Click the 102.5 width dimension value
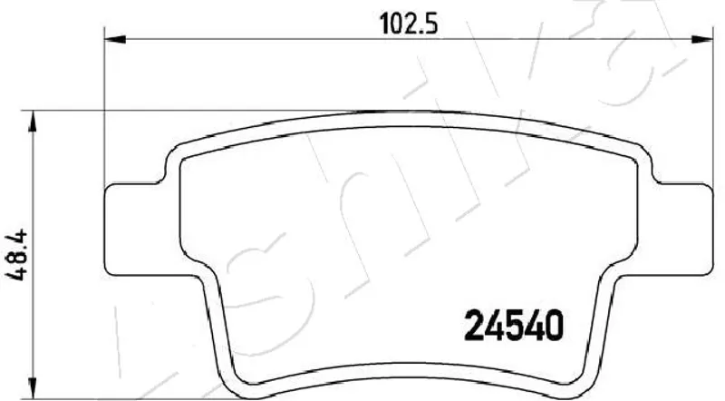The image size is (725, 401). point(409,24)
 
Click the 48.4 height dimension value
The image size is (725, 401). point(18,255)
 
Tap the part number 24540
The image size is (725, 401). point(514,325)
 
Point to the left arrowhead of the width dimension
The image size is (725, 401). point(116,39)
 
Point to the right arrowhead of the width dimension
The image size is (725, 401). point(701,39)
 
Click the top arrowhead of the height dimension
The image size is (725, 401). point(32,122)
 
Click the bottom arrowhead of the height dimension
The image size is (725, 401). point(32,387)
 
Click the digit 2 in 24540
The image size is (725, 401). point(474,325)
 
